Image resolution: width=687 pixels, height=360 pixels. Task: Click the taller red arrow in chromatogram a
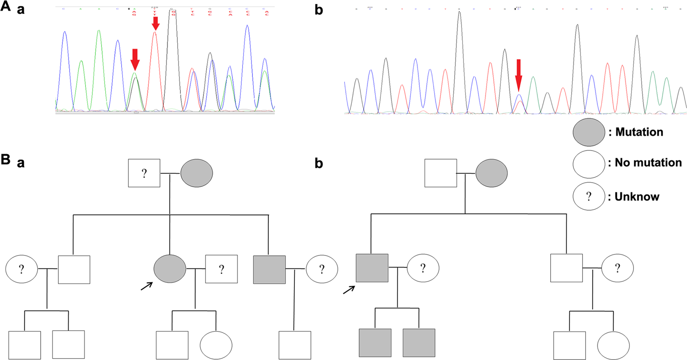coord(155,23)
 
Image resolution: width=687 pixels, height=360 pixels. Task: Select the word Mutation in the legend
coord(639,132)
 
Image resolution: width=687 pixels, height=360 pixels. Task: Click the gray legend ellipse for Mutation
coord(588,132)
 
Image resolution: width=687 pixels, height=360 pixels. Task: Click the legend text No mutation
coord(648,163)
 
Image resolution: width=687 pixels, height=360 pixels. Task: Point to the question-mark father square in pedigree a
coord(144,173)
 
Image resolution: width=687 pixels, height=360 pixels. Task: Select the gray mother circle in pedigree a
coord(197,173)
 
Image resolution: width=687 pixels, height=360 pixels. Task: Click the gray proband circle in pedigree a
coord(170,269)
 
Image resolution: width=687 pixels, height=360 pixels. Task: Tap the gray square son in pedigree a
coord(269,269)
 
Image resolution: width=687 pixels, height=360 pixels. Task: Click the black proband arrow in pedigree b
coord(349,290)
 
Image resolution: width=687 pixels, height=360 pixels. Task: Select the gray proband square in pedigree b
coord(372,268)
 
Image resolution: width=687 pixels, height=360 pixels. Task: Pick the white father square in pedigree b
coord(440,173)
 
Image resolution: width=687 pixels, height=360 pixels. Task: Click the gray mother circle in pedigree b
coord(492,173)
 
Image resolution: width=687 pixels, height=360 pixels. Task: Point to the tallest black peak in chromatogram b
coord(460,17)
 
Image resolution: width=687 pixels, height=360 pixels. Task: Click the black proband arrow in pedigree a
coord(146,286)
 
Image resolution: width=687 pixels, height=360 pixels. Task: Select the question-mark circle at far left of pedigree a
coord(21,269)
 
